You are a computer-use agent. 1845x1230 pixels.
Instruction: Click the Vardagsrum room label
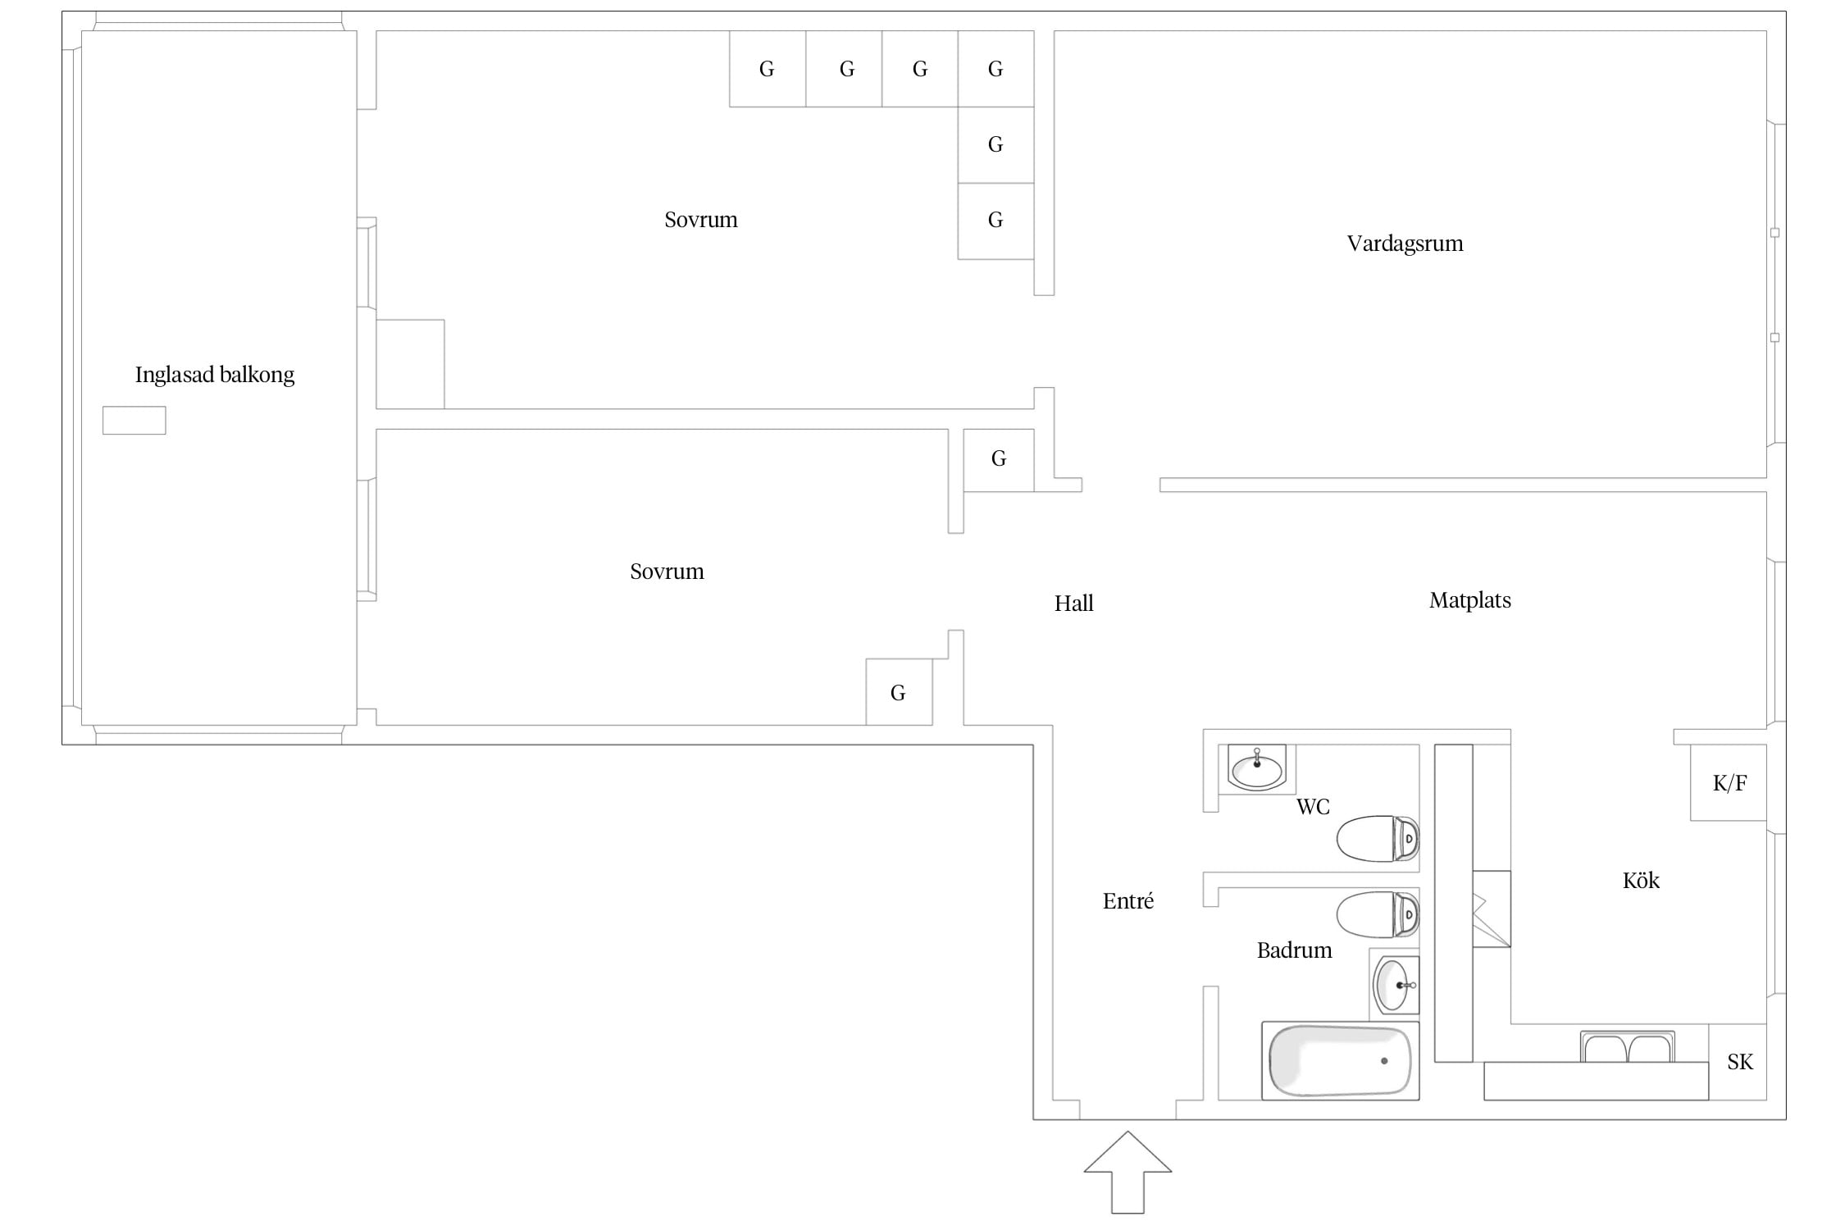(x=1405, y=244)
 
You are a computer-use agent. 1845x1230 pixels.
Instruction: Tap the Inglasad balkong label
(x=215, y=375)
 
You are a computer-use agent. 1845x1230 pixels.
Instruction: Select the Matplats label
(x=1469, y=600)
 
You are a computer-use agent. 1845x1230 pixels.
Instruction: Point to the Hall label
(x=1073, y=604)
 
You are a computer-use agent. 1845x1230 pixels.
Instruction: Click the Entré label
(x=1127, y=901)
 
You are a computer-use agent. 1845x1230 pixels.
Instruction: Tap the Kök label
(x=1641, y=881)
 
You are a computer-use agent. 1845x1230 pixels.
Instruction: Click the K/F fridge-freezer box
(x=1729, y=782)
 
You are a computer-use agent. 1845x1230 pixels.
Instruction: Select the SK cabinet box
(x=1738, y=1062)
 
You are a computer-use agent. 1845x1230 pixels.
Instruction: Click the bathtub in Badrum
(x=1340, y=1060)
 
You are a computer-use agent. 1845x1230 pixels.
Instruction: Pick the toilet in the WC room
(x=1378, y=838)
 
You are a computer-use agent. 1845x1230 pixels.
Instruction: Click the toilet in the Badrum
(x=1378, y=914)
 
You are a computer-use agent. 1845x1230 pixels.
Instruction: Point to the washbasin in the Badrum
(x=1396, y=985)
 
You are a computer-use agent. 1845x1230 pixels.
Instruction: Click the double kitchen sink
(x=1628, y=1047)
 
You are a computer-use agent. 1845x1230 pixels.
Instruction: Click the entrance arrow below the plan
(x=1127, y=1172)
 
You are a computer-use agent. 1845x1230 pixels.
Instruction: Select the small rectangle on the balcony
(x=134, y=421)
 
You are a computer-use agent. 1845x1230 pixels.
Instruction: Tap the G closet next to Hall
(x=999, y=460)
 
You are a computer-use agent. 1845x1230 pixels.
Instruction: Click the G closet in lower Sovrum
(x=899, y=692)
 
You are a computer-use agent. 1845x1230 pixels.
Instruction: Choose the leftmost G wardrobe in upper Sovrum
(x=768, y=69)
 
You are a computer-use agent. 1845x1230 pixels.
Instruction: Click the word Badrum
(x=1294, y=950)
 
